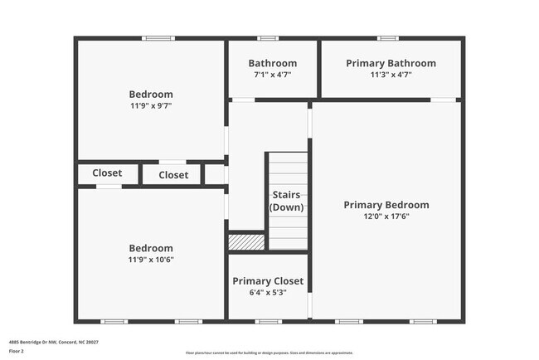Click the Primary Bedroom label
click(x=386, y=205)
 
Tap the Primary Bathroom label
click(x=391, y=63)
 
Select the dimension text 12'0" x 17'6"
click(x=386, y=216)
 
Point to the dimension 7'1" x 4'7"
click(x=273, y=75)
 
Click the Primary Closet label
click(x=268, y=281)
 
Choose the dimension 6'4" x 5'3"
click(x=268, y=293)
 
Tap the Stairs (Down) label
click(x=287, y=201)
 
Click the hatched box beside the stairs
click(x=246, y=241)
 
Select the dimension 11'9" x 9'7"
click(x=151, y=106)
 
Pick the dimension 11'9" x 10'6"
click(x=151, y=260)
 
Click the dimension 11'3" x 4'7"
click(x=391, y=75)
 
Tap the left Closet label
click(x=107, y=173)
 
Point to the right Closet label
click(x=173, y=175)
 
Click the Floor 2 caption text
click(x=17, y=352)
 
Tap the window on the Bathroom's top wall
click(x=268, y=38)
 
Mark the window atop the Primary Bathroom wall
click(x=388, y=38)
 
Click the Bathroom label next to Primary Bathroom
click(x=273, y=63)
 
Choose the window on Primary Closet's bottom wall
click(x=268, y=321)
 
